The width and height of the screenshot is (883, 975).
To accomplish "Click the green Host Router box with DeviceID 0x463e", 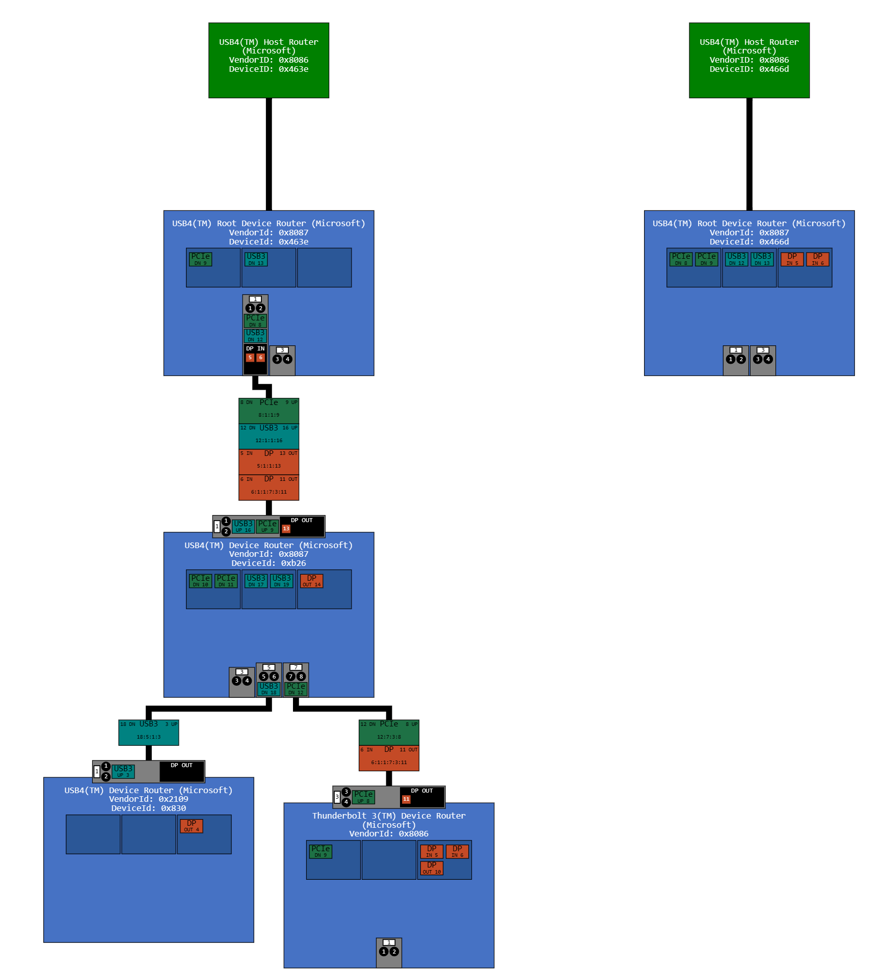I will [x=269, y=60].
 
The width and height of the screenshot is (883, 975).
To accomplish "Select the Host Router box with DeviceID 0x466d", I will [x=749, y=60].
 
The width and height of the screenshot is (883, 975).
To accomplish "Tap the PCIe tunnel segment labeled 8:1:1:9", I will [x=269, y=411].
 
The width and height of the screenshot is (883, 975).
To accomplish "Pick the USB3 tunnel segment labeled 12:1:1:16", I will [x=269, y=436].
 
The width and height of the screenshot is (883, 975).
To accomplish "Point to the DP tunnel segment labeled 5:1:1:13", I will [x=269, y=462].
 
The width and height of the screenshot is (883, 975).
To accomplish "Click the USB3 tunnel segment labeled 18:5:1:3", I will [x=148, y=732].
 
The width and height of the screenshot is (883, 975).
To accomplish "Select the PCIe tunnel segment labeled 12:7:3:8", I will [x=389, y=732].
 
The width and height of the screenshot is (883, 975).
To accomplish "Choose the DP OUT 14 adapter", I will [x=311, y=581].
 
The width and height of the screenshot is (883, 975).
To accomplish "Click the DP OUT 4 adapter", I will [x=191, y=826].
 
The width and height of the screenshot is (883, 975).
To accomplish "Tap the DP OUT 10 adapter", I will [x=432, y=868].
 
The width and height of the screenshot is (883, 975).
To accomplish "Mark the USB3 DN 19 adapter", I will [x=281, y=581].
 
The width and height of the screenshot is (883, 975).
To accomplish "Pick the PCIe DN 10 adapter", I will [x=200, y=581].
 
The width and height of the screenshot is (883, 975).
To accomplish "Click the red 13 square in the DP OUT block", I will [x=286, y=529].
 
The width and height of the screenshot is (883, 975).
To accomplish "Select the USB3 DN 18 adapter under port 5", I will [x=269, y=689].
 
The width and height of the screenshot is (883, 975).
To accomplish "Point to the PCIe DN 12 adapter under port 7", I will [x=296, y=689].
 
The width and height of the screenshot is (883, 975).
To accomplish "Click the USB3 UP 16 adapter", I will [x=243, y=526].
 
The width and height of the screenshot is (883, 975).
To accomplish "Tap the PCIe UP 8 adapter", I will [x=363, y=797].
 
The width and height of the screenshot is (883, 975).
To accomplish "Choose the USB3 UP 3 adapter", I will [x=123, y=771].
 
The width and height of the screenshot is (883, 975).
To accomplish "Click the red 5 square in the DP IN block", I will [x=250, y=358].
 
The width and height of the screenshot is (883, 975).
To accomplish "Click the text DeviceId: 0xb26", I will [x=269, y=563].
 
